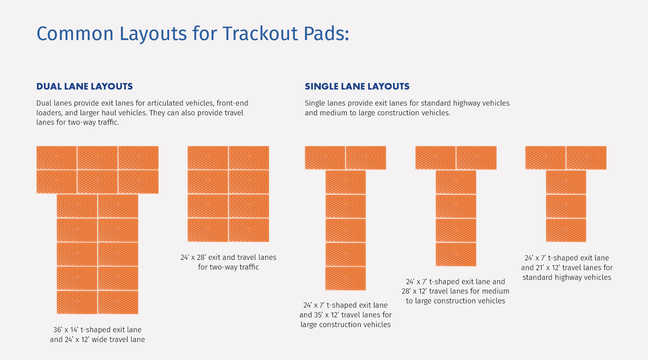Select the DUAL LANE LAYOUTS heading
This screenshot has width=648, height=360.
point(85,86)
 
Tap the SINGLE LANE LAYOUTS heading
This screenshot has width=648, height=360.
point(357,86)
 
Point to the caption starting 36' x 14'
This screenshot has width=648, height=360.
point(97,335)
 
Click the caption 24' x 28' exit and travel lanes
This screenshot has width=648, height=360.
point(228,262)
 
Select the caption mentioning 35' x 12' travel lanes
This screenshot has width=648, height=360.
point(345,315)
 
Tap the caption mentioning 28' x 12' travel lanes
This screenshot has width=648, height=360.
point(455,291)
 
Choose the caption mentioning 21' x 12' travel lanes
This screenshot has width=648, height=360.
point(566,268)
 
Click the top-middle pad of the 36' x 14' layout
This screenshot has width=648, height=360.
point(97,158)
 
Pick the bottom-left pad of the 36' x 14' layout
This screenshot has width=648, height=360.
point(77,302)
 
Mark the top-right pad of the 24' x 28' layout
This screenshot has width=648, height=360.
point(249,158)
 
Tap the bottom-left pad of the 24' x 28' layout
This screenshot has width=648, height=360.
point(208,230)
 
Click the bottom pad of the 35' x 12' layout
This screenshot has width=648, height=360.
point(345,278)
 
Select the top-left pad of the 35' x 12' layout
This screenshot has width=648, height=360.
point(325,158)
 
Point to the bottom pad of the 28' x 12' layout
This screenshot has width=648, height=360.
point(456,254)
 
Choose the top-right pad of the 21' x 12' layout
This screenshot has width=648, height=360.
point(586,158)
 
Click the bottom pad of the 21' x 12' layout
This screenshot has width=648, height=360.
point(566,230)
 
